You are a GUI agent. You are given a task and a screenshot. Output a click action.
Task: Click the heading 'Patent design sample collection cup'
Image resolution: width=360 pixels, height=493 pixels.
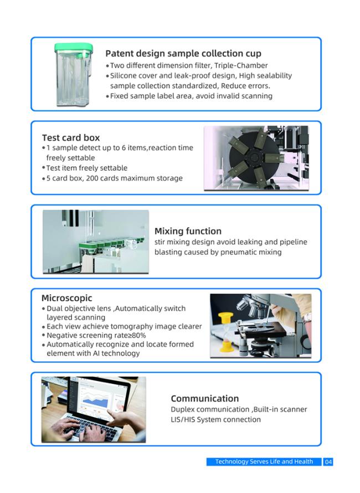coord(183,53)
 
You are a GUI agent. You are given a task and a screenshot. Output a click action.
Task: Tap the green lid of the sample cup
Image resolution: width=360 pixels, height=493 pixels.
coord(74,48)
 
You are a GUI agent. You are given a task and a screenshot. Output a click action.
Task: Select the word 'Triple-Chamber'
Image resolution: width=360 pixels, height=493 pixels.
coord(241,65)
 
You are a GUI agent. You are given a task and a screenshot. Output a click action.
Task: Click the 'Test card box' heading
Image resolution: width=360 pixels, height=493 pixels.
coord(71,138)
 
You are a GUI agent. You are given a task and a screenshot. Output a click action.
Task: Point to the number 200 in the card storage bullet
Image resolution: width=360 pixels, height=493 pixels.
coord(92,178)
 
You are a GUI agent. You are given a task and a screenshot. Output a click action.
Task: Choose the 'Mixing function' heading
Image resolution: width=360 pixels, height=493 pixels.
coord(188,231)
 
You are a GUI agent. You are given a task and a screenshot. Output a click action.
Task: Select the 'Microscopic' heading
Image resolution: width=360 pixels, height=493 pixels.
coord(67,298)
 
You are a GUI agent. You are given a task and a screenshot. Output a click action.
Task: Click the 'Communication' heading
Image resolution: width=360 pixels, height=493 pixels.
coord(205,399)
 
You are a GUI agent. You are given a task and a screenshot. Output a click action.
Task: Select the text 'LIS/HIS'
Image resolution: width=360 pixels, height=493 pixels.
coord(183,419)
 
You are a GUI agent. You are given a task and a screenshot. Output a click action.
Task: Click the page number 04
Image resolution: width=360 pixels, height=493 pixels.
coord(328,462)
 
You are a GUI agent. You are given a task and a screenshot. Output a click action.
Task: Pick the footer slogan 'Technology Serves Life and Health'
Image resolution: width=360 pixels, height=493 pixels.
coord(264,461)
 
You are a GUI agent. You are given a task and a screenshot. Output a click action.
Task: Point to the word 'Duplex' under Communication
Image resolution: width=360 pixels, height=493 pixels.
coord(182,409)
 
